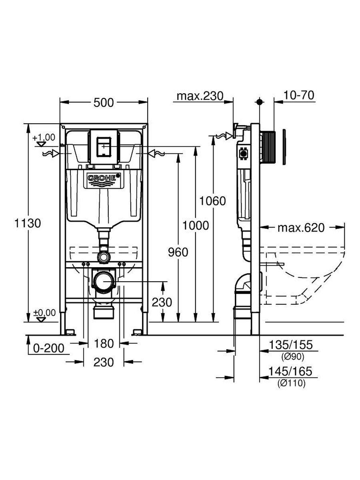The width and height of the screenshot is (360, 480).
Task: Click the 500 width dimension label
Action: pos(104,102)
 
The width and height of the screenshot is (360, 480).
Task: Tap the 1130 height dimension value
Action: pos(28,223)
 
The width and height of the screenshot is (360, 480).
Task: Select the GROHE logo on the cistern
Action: pos(104,179)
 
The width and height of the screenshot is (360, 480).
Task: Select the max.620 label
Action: pos(301,228)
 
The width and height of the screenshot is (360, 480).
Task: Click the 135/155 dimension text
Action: pos(291,345)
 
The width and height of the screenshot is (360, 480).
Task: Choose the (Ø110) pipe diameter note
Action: pos(291,383)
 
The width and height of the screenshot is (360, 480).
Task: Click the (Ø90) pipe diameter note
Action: pos(291,356)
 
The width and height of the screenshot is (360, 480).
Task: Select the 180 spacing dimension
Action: pos(104,343)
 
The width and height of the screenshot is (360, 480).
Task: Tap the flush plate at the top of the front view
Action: pos(104,147)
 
